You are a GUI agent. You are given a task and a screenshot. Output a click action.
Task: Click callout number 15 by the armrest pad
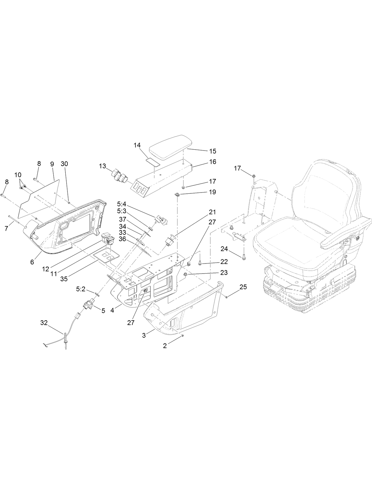212,151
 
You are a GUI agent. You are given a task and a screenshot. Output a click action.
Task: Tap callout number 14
137,145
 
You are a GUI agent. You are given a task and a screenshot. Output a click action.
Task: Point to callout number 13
102,166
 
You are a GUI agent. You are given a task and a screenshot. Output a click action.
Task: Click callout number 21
212,212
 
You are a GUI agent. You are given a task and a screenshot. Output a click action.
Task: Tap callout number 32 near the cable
44,323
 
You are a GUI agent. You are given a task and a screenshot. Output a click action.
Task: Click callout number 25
243,287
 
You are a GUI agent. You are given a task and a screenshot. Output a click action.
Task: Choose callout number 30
64,164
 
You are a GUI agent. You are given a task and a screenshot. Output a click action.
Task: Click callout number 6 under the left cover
32,262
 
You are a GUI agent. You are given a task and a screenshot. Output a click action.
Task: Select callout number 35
64,279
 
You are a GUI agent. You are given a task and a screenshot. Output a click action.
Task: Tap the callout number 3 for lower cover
144,335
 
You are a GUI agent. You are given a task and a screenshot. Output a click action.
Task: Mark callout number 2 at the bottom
165,346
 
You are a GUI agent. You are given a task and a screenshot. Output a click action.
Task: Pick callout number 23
224,272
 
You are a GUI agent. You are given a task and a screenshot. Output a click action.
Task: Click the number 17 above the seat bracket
237,168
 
